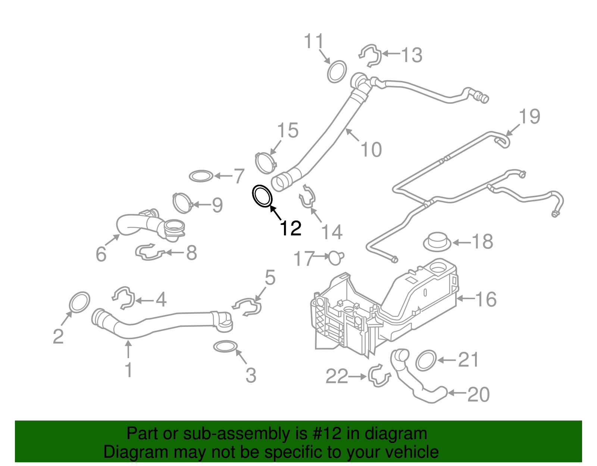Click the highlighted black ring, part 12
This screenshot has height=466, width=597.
[x=262, y=196]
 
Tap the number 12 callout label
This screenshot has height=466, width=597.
[x=290, y=228]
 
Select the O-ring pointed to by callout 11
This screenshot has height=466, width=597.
[x=337, y=71]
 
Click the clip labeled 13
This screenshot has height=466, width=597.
[x=371, y=55]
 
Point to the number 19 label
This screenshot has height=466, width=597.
[x=529, y=116]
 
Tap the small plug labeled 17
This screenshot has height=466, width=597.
[x=335, y=257]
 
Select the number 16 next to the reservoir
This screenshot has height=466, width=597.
[x=486, y=299]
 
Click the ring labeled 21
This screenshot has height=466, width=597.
[x=426, y=360]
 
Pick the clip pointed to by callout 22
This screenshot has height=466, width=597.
[x=379, y=376]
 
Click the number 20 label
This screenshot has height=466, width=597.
[x=478, y=394]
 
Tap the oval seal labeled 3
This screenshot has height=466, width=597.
[x=226, y=347]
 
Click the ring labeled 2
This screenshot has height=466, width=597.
[x=80, y=302]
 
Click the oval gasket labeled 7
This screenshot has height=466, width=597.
[x=201, y=176]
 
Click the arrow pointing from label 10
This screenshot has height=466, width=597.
[x=352, y=135]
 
